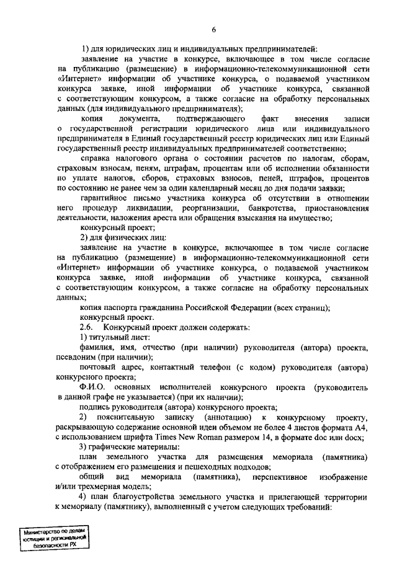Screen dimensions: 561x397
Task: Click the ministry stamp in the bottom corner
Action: point(53,541)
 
